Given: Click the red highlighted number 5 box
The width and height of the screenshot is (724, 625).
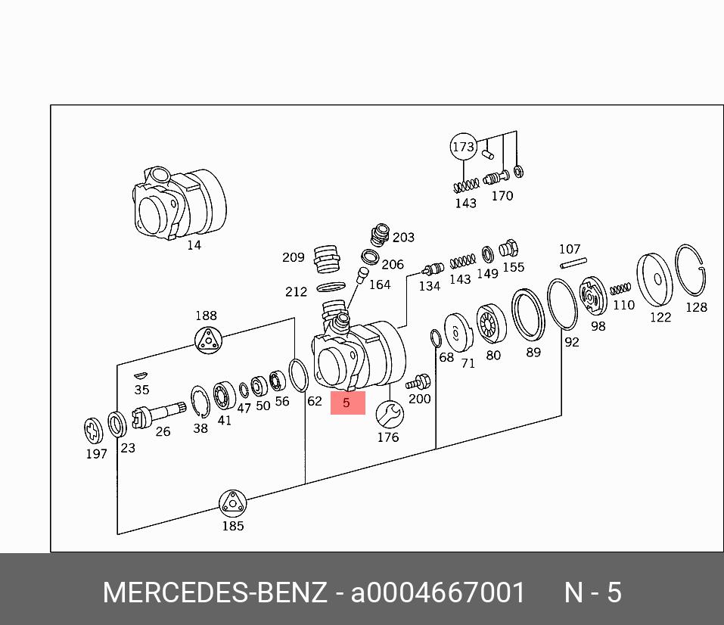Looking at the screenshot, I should [347, 403].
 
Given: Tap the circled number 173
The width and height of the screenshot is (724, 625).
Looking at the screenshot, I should [463, 147].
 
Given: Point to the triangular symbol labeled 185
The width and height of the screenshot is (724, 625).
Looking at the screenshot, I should [232, 504].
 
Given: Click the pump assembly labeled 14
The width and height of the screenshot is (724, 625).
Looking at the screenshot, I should [180, 202].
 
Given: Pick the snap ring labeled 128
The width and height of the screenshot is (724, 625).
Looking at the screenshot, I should [691, 272].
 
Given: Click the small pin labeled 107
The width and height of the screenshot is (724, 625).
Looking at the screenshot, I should [573, 263].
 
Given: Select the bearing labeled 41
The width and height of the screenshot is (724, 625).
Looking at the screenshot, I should [225, 396].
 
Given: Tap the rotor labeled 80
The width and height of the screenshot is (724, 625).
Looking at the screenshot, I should [492, 325].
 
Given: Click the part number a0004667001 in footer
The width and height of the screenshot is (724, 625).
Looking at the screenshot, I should [437, 592].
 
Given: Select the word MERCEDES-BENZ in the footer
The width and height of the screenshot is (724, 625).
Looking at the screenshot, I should [215, 592].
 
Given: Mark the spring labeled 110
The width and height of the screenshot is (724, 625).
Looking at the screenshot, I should [620, 289].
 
